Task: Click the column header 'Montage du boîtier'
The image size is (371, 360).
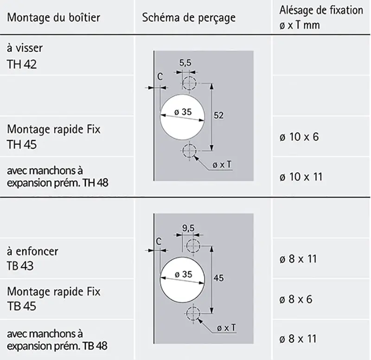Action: point(54,18)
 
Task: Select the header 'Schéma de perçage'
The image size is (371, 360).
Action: point(189,18)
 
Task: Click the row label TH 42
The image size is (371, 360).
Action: point(25,56)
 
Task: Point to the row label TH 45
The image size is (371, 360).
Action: point(54,136)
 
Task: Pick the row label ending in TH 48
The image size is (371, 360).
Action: point(58,177)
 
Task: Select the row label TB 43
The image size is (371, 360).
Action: point(32,258)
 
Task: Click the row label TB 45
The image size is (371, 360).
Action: point(54,298)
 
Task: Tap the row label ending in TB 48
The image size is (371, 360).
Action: point(57,340)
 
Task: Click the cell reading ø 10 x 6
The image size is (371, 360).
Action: point(299,137)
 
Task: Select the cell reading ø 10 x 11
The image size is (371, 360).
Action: point(301,177)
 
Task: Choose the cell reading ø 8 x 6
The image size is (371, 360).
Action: point(296,299)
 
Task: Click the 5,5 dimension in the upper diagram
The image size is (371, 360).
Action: point(185,63)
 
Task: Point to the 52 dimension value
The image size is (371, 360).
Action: point(218,115)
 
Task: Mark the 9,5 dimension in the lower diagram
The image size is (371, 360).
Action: point(188,228)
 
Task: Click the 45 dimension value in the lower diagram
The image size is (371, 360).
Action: point(218,277)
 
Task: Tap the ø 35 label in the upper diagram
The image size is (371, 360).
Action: point(183,112)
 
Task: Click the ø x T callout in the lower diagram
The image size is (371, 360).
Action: point(226,328)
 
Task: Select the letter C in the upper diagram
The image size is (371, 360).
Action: point(160,77)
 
